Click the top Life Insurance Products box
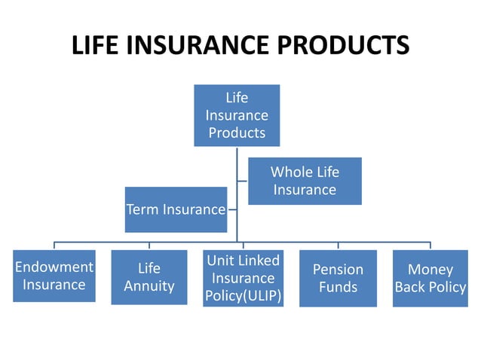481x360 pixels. pyautogui.click(x=237, y=115)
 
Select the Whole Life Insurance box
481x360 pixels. pyautogui.click(x=305, y=181)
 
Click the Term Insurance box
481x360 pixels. pyautogui.click(x=176, y=209)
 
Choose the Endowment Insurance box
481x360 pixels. pyautogui.click(x=54, y=276)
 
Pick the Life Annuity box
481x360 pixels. pyautogui.click(x=149, y=277)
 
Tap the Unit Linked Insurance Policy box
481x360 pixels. pyautogui.click(x=244, y=278)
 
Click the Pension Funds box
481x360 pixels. pyautogui.click(x=338, y=278)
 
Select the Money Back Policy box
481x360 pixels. pyautogui.click(x=430, y=278)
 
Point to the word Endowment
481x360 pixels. pyautogui.click(x=54, y=267)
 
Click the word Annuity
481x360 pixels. pyautogui.click(x=149, y=286)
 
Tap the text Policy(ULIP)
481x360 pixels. pyautogui.click(x=244, y=296)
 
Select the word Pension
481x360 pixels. pyautogui.click(x=338, y=269)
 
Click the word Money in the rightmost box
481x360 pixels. pyautogui.click(x=430, y=269)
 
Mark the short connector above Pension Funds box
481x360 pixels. pyautogui.click(x=338, y=246)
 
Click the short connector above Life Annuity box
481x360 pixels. pyautogui.click(x=149, y=246)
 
